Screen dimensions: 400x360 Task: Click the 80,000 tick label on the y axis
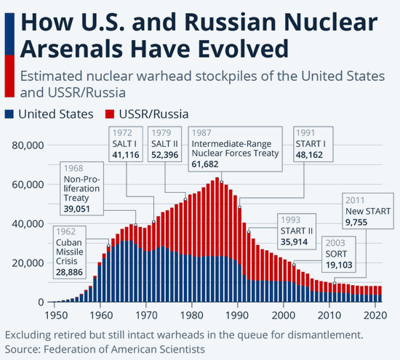(x=28, y=145)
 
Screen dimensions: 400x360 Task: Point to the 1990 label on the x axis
(x=238, y=316)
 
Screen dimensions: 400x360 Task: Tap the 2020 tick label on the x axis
(x=375, y=316)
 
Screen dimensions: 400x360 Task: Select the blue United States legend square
(x=9, y=114)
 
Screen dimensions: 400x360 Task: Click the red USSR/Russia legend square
(x=110, y=114)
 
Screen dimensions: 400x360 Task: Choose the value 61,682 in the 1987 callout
(x=205, y=164)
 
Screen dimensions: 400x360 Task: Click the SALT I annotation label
(x=124, y=144)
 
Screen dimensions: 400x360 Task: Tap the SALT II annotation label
(x=164, y=144)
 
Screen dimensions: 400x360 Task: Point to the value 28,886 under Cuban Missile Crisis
(x=69, y=272)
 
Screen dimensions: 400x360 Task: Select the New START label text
(x=368, y=211)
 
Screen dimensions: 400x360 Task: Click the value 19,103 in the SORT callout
(x=339, y=265)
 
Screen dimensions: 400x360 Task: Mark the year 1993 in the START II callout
(x=291, y=220)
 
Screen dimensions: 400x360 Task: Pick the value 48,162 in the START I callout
(x=309, y=155)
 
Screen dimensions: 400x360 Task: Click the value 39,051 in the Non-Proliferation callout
(x=77, y=209)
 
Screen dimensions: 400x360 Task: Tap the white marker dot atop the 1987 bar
(x=221, y=182)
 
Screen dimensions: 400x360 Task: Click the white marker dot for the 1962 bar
(x=108, y=246)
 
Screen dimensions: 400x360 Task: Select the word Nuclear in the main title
(x=331, y=23)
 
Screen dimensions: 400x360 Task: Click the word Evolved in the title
(x=243, y=49)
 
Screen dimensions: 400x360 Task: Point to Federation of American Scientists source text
(x=124, y=349)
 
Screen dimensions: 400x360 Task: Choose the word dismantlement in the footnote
(x=325, y=335)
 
